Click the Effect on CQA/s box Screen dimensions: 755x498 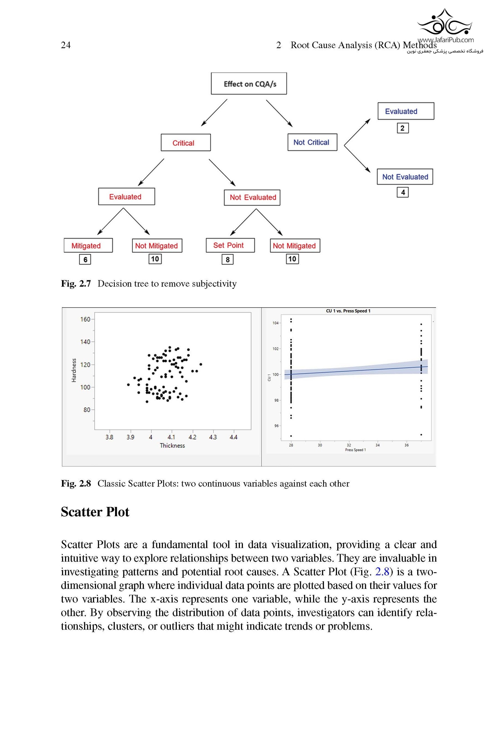pyautogui.click(x=249, y=84)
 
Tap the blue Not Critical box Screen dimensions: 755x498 pyautogui.click(x=312, y=142)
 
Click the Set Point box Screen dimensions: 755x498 pyautogui.click(x=230, y=245)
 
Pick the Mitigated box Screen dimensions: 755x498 pyautogui.click(x=88, y=245)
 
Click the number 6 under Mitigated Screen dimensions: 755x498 pyautogui.click(x=85, y=260)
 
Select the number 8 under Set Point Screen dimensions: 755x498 pyautogui.click(x=227, y=260)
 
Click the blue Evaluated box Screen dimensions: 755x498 pyautogui.click(x=405, y=111)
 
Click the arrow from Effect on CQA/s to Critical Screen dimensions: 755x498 pyautogui.click(x=214, y=112)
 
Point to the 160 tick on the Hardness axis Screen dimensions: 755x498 pyautogui.click(x=85, y=319)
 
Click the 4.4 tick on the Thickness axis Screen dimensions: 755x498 pyautogui.click(x=234, y=437)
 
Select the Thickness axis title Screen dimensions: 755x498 pyautogui.click(x=172, y=445)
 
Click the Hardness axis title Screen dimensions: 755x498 pyautogui.click(x=74, y=370)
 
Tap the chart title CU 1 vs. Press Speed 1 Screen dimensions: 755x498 pyautogui.click(x=348, y=311)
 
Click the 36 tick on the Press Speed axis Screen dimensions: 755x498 pyautogui.click(x=406, y=445)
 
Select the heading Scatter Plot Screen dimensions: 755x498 pyautogui.click(x=95, y=512)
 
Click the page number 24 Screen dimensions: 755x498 pyautogui.click(x=66, y=45)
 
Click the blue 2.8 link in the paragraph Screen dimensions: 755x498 pyautogui.click(x=382, y=572)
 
